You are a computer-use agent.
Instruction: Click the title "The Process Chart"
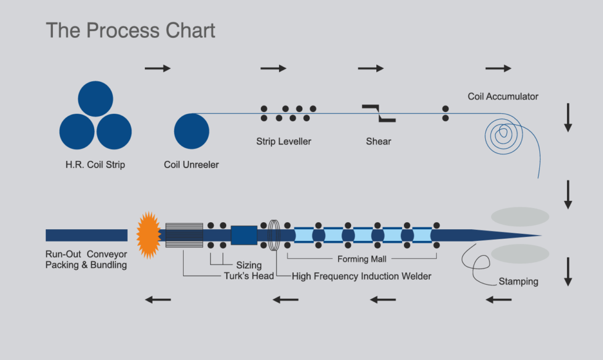131,31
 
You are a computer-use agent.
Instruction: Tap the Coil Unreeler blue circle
192,131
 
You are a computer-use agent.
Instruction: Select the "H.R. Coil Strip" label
95,165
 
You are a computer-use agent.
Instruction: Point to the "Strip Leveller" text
284,141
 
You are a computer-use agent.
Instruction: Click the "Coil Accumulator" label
503,96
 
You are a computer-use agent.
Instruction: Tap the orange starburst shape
148,235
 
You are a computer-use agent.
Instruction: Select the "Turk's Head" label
249,276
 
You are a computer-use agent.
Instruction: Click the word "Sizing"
249,265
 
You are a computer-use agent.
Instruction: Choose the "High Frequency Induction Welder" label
362,276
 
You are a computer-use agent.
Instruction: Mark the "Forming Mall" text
362,259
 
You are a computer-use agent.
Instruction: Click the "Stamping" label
518,281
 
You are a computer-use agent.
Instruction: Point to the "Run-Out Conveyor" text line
86,255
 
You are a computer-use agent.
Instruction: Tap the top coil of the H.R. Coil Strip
95,98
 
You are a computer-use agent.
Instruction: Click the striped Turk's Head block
184,235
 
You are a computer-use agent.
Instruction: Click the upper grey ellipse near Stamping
520,216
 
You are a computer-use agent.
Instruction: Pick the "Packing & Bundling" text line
86,265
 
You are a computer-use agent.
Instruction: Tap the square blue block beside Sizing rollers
244,235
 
